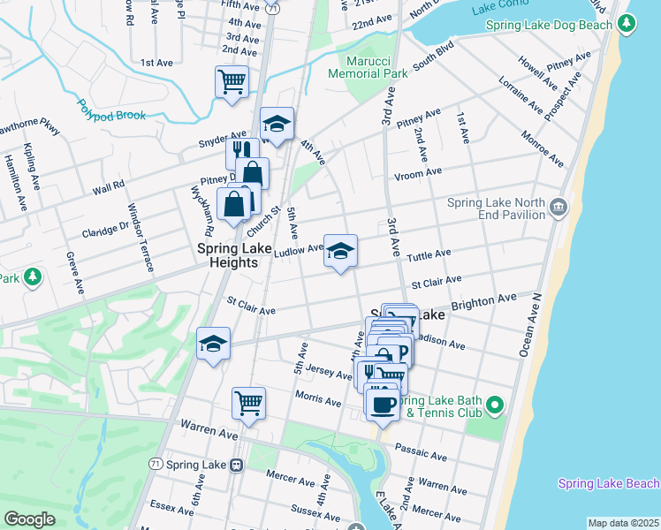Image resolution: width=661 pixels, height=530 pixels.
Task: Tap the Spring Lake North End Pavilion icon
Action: [x=558, y=208]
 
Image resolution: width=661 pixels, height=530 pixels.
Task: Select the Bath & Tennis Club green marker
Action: [x=495, y=406]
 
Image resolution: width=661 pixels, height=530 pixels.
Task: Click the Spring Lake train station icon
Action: [x=237, y=465]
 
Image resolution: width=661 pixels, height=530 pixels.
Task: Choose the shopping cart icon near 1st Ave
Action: [x=232, y=82]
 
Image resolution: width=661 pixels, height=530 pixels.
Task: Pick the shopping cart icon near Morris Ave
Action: [x=248, y=403]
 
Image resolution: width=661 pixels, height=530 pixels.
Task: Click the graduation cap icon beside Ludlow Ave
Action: [x=340, y=251]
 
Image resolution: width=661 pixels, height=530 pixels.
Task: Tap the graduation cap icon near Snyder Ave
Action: [x=277, y=124]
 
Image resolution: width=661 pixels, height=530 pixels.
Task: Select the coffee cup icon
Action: [x=382, y=404]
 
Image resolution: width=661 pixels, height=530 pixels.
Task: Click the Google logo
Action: [x=29, y=519]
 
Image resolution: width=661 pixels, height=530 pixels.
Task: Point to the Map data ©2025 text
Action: [x=623, y=523]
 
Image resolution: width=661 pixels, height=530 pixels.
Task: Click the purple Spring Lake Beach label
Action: [x=608, y=483]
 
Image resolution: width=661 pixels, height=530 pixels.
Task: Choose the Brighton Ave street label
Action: [x=483, y=300]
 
